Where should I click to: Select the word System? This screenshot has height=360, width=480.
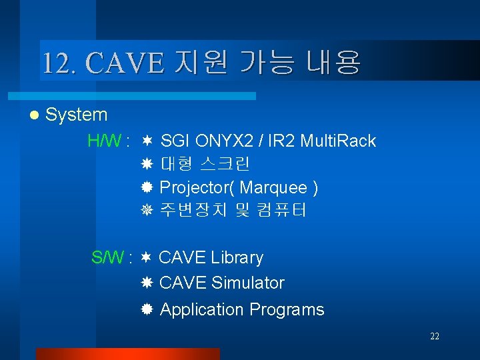(x=77, y=115)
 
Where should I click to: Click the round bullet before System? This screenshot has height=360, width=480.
(x=34, y=115)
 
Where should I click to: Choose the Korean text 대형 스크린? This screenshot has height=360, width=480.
(x=205, y=164)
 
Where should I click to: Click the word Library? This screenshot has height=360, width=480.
(x=237, y=257)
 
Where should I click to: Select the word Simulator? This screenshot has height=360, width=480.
(x=247, y=283)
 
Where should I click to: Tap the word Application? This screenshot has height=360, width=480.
(x=202, y=310)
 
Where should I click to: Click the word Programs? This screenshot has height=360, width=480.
(x=287, y=310)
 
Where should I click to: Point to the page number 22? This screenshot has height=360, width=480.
(x=434, y=337)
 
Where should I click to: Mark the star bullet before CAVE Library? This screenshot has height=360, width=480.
(x=146, y=257)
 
